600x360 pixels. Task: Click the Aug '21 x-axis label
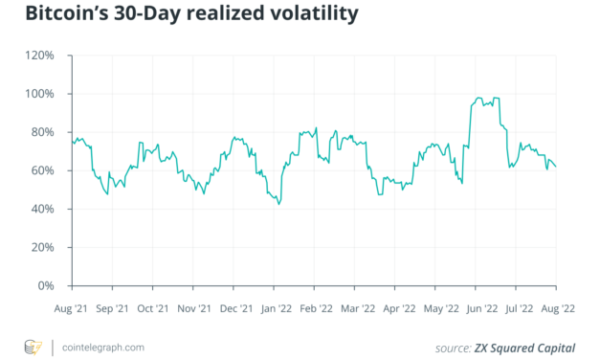click(x=72, y=309)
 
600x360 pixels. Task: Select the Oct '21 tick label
click(x=152, y=309)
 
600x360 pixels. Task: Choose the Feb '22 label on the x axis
click(x=315, y=309)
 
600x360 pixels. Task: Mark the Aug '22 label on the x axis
click(x=556, y=309)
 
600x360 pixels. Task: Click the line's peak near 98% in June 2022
click(x=478, y=98)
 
